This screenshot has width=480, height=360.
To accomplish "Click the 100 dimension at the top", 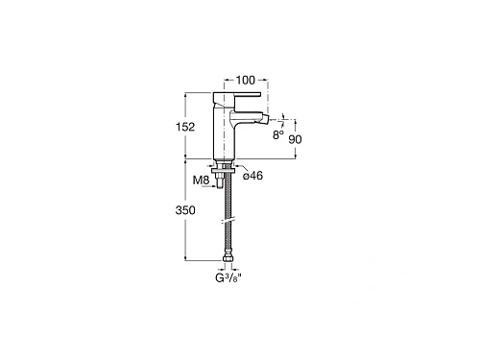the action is click(x=246, y=80).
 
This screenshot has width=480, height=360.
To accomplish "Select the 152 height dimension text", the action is click(x=185, y=127).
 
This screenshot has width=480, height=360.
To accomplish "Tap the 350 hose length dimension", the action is click(x=185, y=210).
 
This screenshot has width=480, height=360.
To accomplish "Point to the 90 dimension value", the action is click(x=295, y=139).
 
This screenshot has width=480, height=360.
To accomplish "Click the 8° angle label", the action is click(x=278, y=135).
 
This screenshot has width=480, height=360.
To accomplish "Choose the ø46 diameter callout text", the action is click(x=252, y=176).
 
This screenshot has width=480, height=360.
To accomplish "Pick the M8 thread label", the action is click(x=201, y=180).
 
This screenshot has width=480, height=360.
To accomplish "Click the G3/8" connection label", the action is click(x=228, y=277).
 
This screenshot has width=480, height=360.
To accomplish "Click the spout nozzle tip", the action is click(x=265, y=120).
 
